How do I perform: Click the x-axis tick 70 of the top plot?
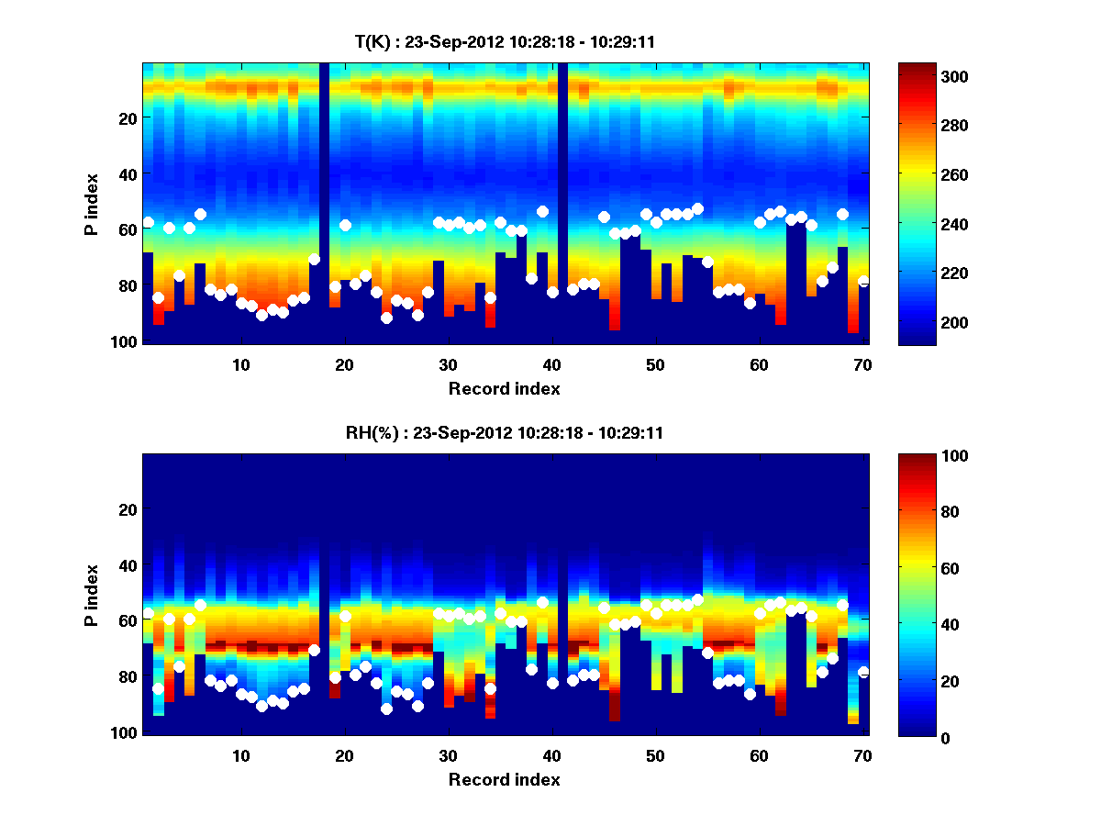coord(862,364)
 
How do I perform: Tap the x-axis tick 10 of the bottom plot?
coord(240,755)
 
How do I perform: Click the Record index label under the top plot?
coord(504,389)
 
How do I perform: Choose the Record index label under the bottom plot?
coord(504,780)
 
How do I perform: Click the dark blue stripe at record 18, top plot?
coord(324,202)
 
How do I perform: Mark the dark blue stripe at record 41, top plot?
coord(562,202)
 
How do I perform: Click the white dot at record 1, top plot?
coord(148,222)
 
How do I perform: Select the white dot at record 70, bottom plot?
coord(863,672)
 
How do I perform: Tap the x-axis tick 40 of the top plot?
coord(551,364)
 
